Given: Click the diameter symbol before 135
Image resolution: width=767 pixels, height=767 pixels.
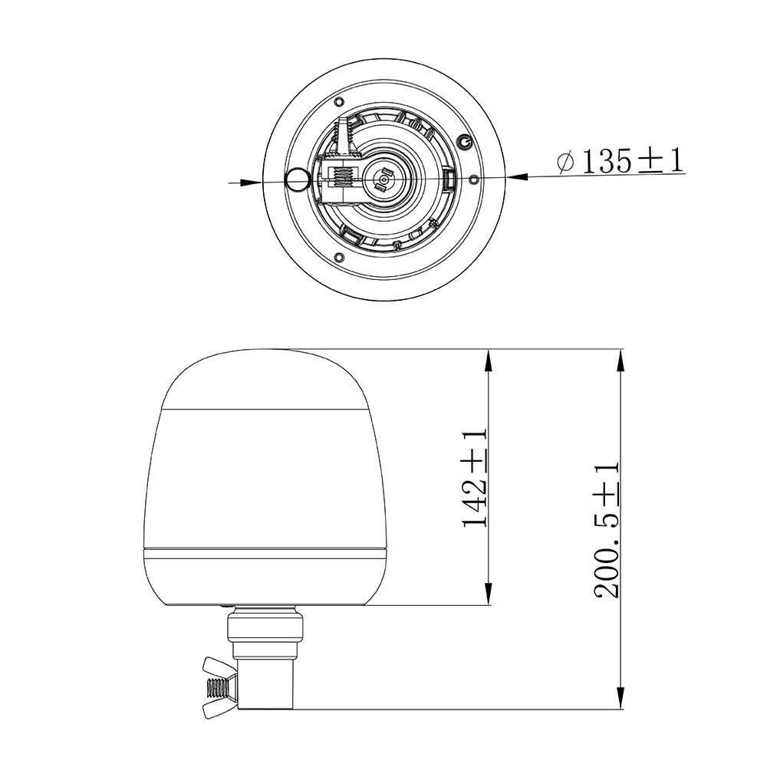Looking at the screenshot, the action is (x=567, y=162).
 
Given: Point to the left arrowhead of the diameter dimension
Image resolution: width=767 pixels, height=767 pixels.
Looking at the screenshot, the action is (x=251, y=183).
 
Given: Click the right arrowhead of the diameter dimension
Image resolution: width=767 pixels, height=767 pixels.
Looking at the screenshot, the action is (x=518, y=176).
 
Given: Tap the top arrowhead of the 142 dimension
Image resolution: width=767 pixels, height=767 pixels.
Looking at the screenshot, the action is (x=488, y=361).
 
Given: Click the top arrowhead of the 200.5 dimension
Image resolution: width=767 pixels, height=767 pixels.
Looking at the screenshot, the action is (x=621, y=361).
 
